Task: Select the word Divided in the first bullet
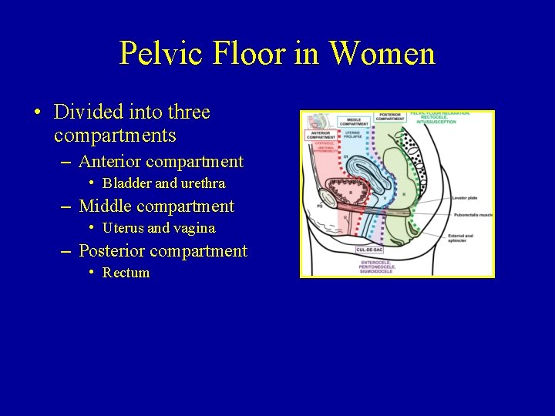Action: tap(83, 112)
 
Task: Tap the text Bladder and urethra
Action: tap(163, 183)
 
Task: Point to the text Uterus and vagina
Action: tap(159, 228)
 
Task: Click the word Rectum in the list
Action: tap(126, 273)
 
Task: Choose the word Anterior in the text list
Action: tap(110, 162)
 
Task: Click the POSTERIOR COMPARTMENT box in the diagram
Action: tap(391, 117)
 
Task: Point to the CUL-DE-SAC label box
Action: tap(371, 250)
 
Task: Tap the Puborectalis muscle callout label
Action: tap(471, 216)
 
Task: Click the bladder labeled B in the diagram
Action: tap(351, 192)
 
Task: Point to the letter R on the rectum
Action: tap(403, 194)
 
